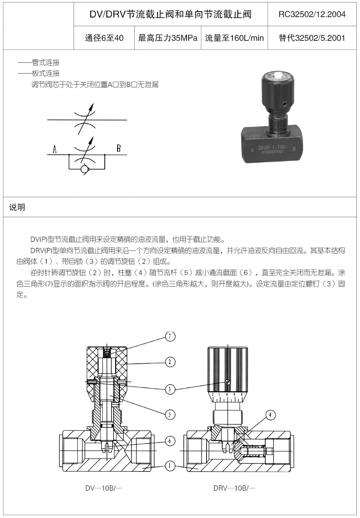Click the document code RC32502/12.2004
click(312, 14)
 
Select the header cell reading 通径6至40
click(104, 38)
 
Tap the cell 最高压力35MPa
click(168, 38)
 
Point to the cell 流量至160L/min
click(234, 38)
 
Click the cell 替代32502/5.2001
click(312, 38)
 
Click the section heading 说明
click(17, 207)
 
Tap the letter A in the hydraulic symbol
click(55, 149)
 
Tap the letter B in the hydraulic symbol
click(118, 149)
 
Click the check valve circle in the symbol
click(85, 169)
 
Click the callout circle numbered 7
click(170, 336)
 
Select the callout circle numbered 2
click(170, 362)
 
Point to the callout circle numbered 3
click(170, 389)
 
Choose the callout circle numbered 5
click(170, 414)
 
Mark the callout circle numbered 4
click(271, 414)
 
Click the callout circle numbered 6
click(170, 441)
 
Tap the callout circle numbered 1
click(170, 466)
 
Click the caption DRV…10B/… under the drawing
click(234, 488)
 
